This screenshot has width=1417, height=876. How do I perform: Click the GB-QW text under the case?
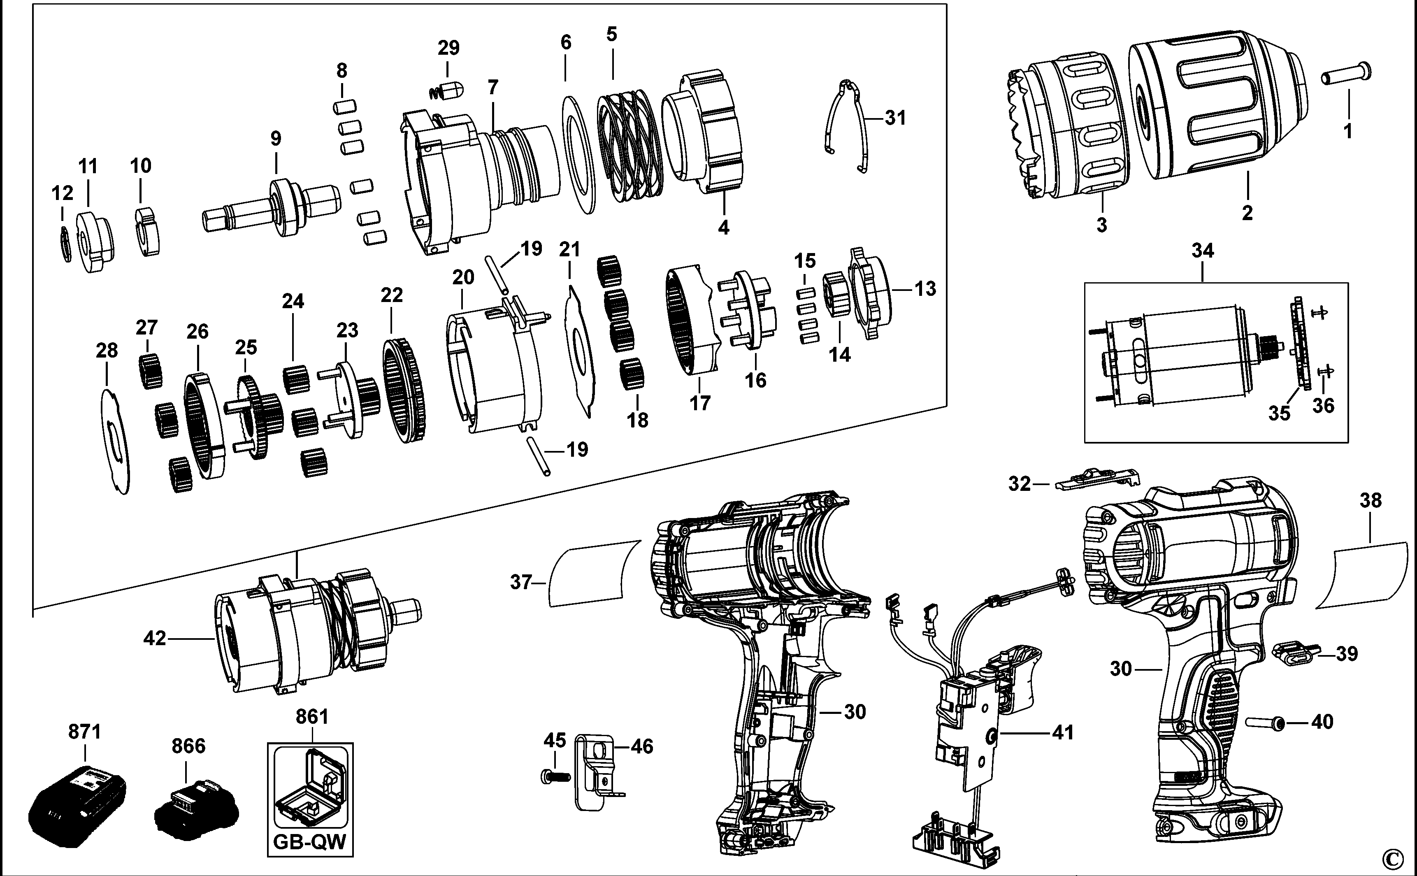pos(309,841)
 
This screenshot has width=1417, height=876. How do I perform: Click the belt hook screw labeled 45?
pos(554,775)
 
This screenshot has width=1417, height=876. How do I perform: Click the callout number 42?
pos(154,639)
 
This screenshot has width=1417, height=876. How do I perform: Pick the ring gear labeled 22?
pos(404,390)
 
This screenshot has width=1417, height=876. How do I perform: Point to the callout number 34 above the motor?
pos(1202,251)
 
